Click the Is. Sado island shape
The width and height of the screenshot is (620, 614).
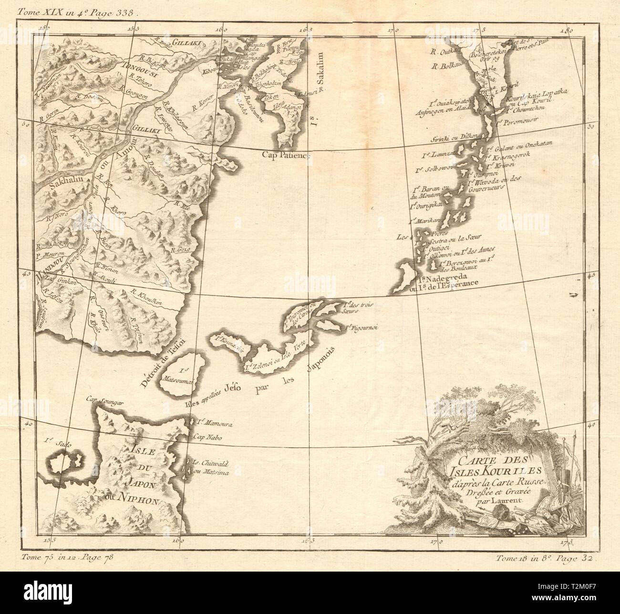click(x=64, y=461)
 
